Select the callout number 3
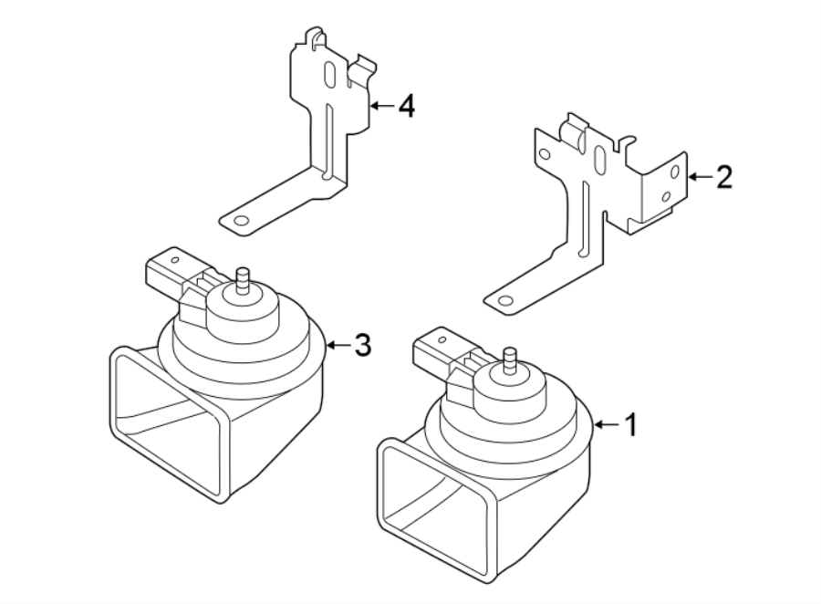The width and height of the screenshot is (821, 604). click(362, 345)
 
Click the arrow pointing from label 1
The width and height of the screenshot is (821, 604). click(607, 424)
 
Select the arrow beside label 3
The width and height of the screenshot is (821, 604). click(338, 345)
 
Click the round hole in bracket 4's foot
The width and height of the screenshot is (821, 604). click(240, 221)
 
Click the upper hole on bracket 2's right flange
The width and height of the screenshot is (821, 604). click(674, 172)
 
